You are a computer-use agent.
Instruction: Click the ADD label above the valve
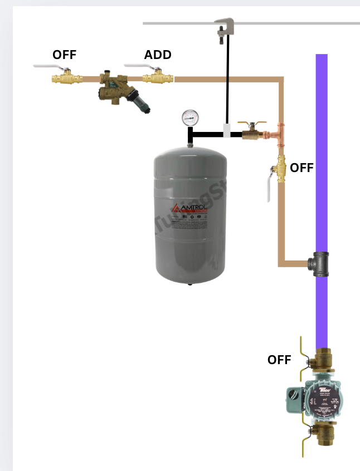(158, 55)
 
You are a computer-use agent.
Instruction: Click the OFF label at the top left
(64, 55)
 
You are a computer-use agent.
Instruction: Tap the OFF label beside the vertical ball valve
(301, 168)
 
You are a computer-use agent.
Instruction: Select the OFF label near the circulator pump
(279, 360)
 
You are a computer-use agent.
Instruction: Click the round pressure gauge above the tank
(190, 117)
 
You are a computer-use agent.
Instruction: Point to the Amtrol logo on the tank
(190, 209)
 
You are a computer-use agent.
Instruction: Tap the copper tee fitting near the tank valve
(277, 134)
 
